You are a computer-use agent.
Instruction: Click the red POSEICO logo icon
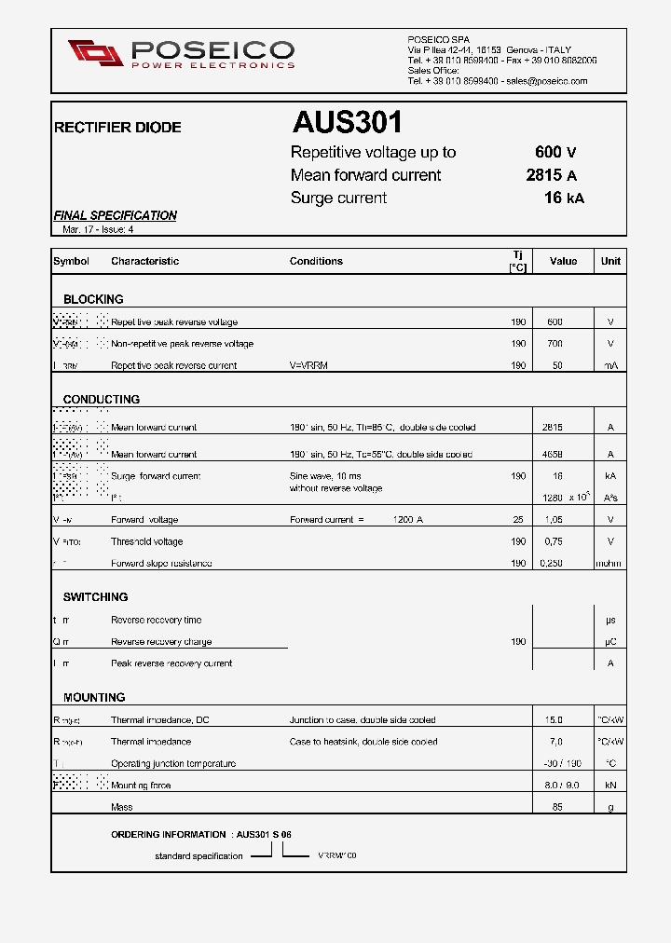(95, 53)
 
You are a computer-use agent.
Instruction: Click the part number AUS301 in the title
(347, 123)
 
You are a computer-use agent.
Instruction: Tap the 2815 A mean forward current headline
(551, 175)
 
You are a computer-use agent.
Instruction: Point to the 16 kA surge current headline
(564, 198)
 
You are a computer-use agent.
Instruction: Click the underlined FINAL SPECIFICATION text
(115, 215)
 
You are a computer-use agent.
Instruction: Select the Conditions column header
(316, 261)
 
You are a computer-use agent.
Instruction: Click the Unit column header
(610, 261)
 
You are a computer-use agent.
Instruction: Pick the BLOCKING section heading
(93, 299)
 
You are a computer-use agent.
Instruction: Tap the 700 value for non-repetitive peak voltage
(555, 344)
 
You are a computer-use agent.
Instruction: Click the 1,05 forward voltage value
(554, 520)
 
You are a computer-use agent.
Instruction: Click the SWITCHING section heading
(95, 596)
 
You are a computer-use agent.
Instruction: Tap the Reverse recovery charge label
(160, 642)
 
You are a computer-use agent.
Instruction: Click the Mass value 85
(557, 807)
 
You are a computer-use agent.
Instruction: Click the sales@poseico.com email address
(546, 81)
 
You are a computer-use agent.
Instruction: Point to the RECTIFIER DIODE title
(117, 128)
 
